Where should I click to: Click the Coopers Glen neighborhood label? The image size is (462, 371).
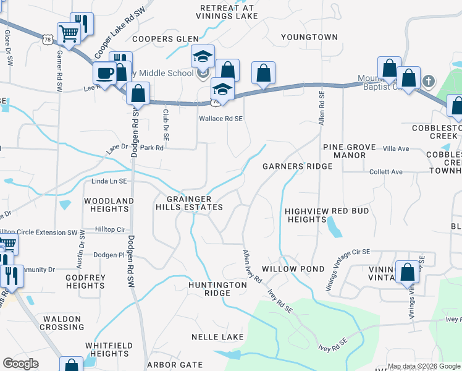click(x=157, y=39)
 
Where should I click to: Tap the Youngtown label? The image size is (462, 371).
click(x=309, y=37)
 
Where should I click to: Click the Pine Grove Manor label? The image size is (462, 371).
click(x=350, y=151)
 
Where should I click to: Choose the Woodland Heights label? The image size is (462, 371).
click(x=109, y=205)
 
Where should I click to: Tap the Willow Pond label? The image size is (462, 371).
click(x=293, y=270)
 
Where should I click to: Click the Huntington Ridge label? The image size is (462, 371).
click(x=209, y=289)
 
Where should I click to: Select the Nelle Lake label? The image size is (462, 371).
click(x=217, y=337)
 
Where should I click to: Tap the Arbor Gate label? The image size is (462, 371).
click(x=175, y=365)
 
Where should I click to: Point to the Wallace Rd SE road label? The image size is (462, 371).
click(x=220, y=118)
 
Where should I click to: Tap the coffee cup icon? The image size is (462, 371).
click(x=104, y=73)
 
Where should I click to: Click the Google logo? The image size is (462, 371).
click(x=21, y=364)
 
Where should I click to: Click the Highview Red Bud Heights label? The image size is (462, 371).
click(x=327, y=215)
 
